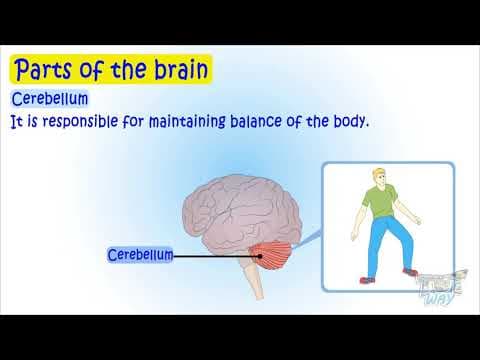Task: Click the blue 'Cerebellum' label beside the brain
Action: [x=140, y=255]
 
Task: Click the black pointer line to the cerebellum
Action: [x=215, y=256]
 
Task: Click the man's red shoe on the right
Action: [x=409, y=271]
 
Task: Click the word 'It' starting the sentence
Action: [x=15, y=121]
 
